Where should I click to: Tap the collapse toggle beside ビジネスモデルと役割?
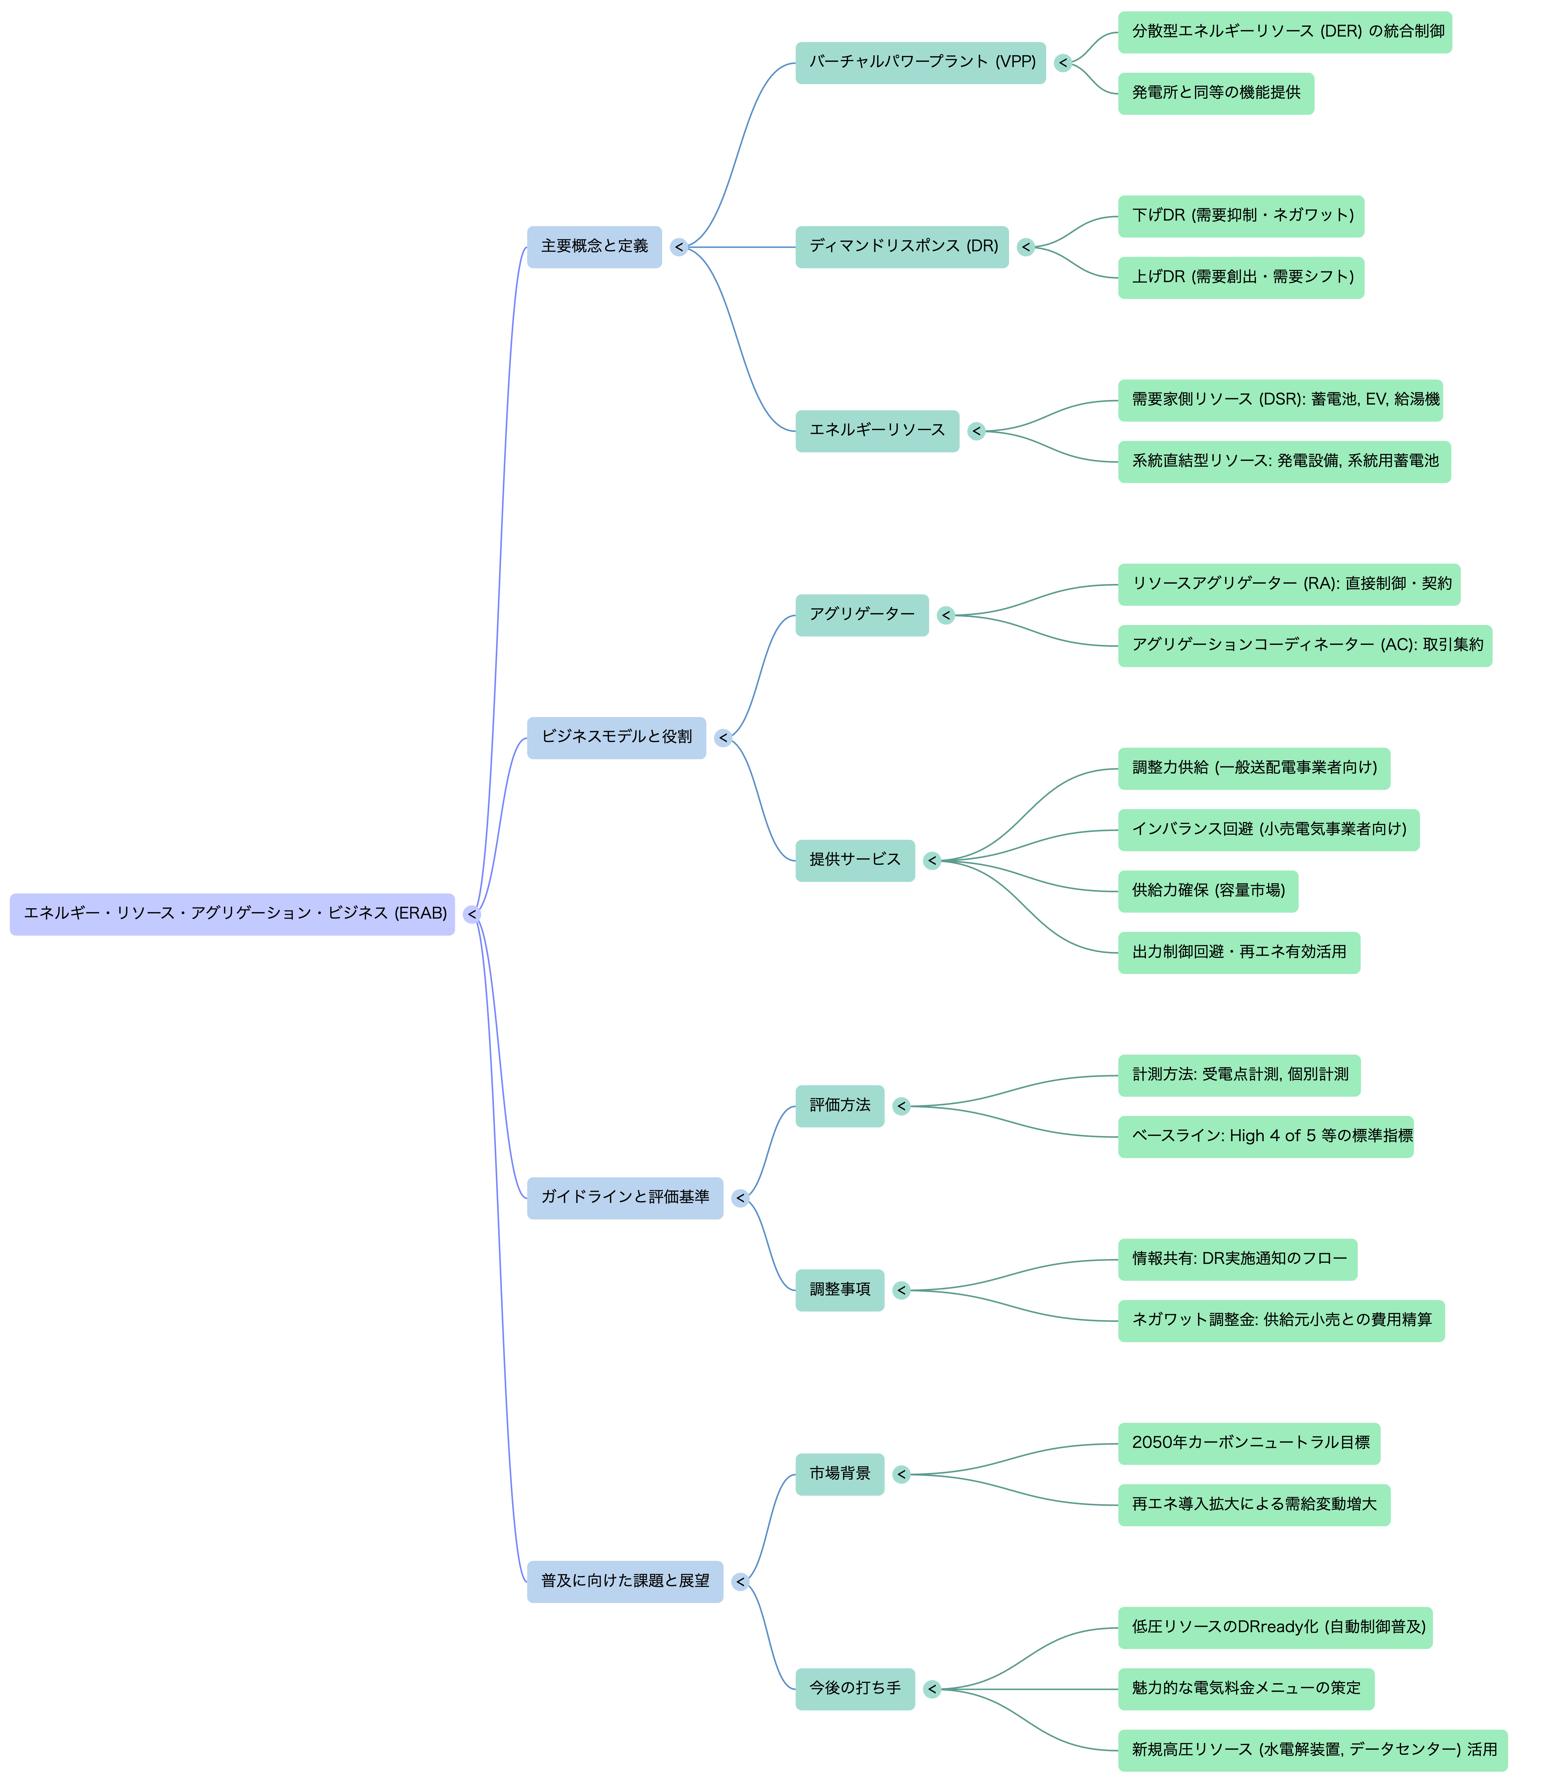(723, 738)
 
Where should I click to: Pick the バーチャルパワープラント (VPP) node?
(920, 62)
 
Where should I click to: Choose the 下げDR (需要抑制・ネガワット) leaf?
(1241, 215)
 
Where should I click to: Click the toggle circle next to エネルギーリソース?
(976, 431)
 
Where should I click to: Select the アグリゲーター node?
(862, 614)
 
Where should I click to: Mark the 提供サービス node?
(855, 860)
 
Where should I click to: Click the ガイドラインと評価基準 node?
(625, 1198)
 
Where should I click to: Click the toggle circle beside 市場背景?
(901, 1474)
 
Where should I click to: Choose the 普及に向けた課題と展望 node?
(625, 1581)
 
